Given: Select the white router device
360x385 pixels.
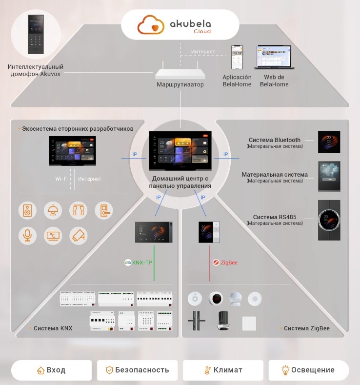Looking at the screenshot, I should (180, 73).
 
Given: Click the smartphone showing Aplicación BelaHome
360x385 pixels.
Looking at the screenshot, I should (237, 58).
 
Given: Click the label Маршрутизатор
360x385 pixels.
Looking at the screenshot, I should (180, 85).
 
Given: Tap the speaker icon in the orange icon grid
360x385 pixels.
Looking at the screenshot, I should (27, 211).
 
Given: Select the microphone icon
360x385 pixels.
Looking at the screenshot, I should (27, 236).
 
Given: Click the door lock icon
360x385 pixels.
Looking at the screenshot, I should (103, 211).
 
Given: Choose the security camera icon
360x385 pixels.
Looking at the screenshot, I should (78, 236).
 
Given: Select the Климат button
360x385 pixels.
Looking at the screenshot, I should (223, 370).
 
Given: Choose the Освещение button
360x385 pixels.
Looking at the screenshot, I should (308, 370).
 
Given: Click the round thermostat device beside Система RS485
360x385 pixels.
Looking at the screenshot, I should (329, 220).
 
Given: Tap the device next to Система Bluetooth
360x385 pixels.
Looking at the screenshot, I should (329, 142).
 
